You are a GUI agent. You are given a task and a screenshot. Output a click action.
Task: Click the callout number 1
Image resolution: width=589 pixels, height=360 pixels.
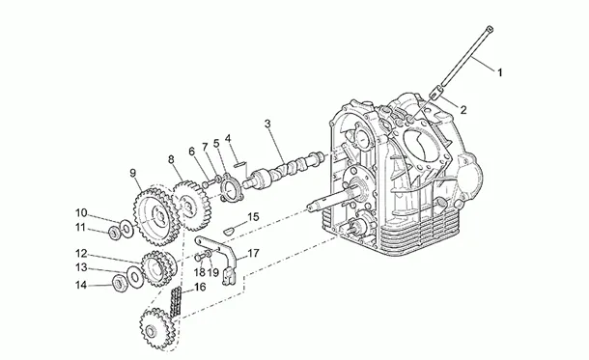coord(499,72)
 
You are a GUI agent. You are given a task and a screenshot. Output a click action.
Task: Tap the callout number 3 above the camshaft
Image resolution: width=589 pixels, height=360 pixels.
coord(267,124)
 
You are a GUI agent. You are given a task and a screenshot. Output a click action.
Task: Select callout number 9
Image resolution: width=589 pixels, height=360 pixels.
coord(132,173)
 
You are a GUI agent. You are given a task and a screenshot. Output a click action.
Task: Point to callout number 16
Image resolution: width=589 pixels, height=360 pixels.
coord(200,288)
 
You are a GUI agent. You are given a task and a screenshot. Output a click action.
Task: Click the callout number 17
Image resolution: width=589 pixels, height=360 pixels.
coord(254,254)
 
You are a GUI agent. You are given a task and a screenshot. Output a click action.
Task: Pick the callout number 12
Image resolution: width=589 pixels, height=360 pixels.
coord(81,254)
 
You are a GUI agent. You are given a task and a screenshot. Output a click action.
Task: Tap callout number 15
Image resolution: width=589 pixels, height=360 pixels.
coord(254,217)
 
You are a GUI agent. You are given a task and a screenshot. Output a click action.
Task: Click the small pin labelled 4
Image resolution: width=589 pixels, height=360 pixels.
coord(239,164)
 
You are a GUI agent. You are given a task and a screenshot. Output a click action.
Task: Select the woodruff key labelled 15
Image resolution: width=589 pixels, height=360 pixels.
coord(229,230)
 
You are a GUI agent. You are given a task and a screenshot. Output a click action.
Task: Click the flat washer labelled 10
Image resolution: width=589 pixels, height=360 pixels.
coord(126,229)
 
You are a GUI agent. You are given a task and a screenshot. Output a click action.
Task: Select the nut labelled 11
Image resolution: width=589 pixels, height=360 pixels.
coord(114,234)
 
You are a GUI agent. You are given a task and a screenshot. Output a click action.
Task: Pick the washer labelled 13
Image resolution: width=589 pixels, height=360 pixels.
coord(135,277)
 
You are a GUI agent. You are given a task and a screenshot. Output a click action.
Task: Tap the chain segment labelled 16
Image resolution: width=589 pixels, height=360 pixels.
coord(176,302)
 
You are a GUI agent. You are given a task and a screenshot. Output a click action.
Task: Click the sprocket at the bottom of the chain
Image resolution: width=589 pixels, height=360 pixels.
coord(157,329)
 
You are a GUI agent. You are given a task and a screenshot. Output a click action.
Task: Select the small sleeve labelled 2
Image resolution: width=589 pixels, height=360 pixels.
coord(435,93)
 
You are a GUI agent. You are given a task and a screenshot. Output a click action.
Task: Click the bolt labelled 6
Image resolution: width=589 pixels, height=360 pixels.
coord(209,184)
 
